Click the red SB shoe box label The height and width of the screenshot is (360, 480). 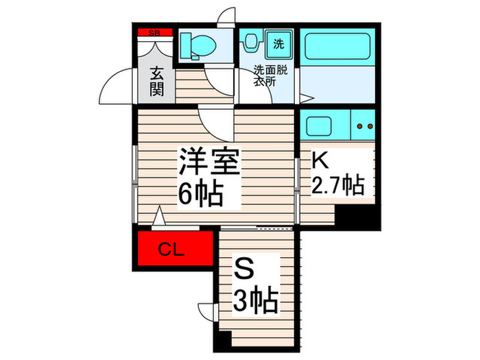pos(156,32)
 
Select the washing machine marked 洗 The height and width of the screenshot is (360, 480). pos(278,45)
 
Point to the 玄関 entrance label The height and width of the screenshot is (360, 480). pos(156,81)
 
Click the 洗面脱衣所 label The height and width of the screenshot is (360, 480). pos(265,75)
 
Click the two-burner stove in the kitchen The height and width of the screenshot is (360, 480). pos(364,127)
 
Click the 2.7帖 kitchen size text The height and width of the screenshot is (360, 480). pos(338,186)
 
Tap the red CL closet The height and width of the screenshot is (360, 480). pos(173,250)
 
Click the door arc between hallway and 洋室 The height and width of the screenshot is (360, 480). pos(217,121)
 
